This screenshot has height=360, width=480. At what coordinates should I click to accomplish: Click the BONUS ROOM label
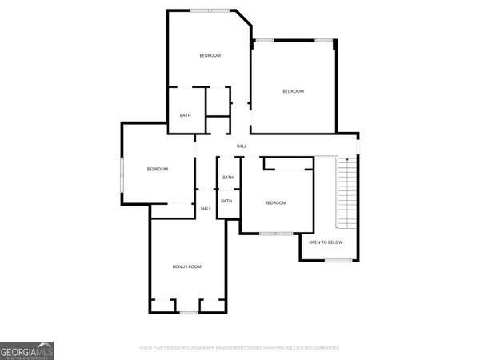(186, 266)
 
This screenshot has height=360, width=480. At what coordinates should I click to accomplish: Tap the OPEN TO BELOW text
(326, 242)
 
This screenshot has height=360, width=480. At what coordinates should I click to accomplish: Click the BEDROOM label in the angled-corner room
(210, 55)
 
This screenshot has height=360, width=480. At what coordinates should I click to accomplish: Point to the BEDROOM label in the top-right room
(293, 91)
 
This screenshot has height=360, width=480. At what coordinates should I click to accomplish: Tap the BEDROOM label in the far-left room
(157, 169)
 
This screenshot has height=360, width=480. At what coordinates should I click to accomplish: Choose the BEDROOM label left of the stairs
(275, 203)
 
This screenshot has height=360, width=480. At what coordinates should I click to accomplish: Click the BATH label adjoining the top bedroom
(185, 115)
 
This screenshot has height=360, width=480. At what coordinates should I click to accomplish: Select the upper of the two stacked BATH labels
(228, 178)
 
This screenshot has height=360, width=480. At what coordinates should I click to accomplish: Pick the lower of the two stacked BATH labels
(226, 201)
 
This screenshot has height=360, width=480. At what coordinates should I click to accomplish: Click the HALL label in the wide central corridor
(241, 146)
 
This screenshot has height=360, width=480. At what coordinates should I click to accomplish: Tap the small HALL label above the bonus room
(206, 209)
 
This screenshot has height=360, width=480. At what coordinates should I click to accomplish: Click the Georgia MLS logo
(27, 350)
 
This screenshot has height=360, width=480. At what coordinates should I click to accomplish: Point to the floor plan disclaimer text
(239, 348)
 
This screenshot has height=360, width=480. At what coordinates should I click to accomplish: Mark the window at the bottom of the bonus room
(188, 313)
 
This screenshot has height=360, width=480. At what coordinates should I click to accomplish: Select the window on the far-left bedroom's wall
(122, 174)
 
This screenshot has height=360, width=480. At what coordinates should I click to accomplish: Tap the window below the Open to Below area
(338, 260)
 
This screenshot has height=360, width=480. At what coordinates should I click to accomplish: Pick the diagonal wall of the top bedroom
(242, 21)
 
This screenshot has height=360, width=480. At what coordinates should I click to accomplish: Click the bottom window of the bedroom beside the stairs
(276, 234)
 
